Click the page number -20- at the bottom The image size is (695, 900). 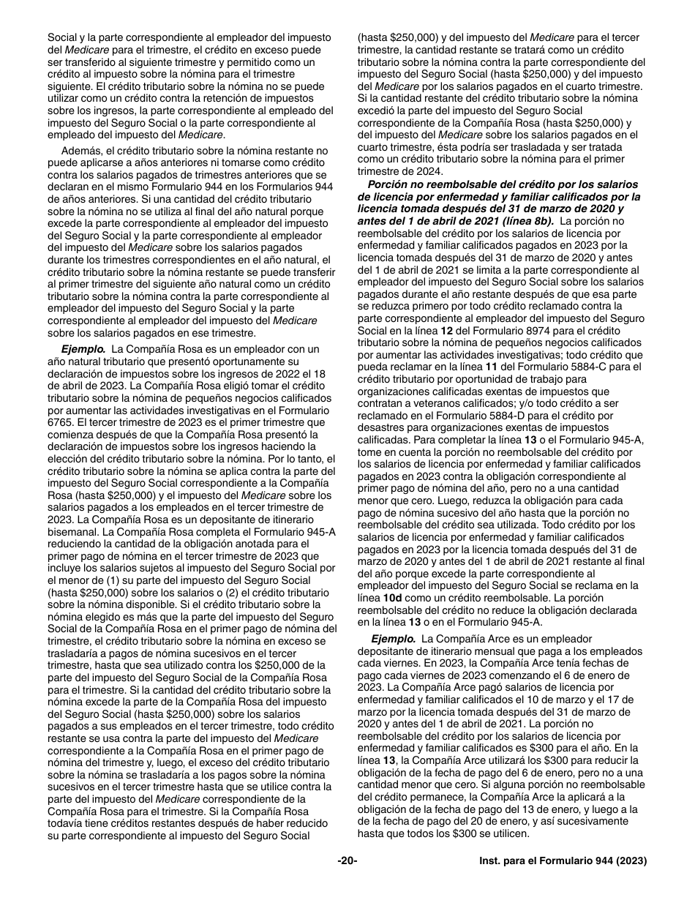[x=347, y=861]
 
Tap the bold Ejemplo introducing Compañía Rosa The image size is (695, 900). [x=83, y=349]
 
